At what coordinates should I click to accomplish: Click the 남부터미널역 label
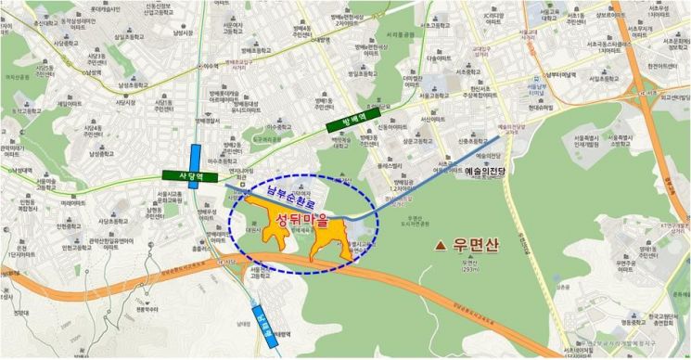point(559,75)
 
